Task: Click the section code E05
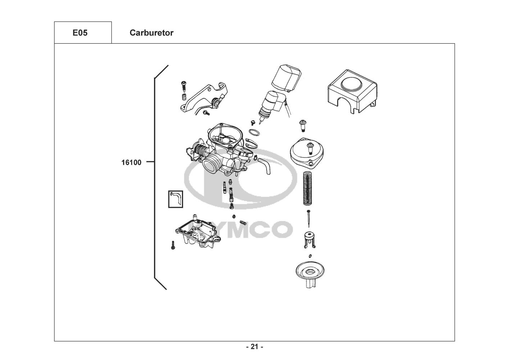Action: (x=80, y=33)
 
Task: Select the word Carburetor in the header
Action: (x=151, y=33)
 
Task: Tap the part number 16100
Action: (x=131, y=162)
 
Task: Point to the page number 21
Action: (x=254, y=347)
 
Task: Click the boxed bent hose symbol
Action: (x=176, y=199)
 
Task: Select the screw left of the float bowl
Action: (x=173, y=246)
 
